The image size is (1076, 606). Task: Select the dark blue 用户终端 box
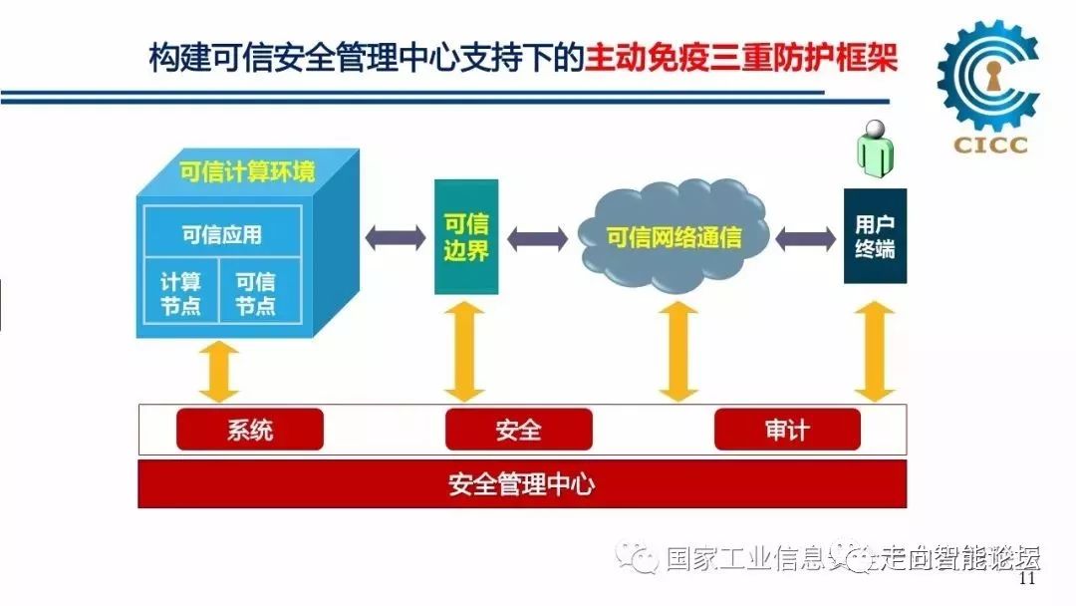pos(875,236)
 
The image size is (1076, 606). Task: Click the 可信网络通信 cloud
pos(674,238)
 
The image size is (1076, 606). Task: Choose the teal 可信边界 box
pos(465,237)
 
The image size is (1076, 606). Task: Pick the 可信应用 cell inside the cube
pos(221,235)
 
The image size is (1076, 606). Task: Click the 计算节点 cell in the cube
pos(180,293)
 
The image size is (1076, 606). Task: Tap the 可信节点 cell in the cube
pos(255,293)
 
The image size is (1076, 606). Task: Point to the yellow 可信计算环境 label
pos(247,171)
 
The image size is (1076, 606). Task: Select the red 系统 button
pos(250,430)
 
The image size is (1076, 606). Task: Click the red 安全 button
pos(518,430)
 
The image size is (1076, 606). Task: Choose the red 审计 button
pos(787,430)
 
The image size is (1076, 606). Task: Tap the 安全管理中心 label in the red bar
pos(521,485)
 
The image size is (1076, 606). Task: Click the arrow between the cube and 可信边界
pos(395,238)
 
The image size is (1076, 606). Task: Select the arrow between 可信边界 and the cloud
pos(537,238)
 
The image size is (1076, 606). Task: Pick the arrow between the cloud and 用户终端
pos(805,238)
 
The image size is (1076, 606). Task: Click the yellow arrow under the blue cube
pos(220,374)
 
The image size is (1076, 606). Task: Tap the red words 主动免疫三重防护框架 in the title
pos(741,57)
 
